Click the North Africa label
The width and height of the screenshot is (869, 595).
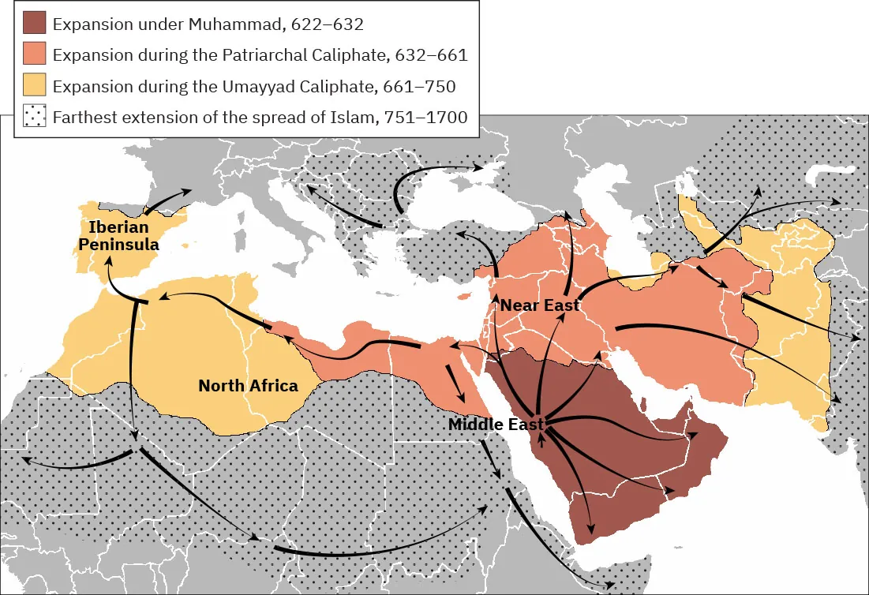[248, 386]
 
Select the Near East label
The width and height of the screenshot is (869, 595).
[541, 305]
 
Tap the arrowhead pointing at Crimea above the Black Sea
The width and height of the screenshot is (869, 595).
[479, 167]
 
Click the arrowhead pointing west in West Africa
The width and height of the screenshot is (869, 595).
[24, 458]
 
